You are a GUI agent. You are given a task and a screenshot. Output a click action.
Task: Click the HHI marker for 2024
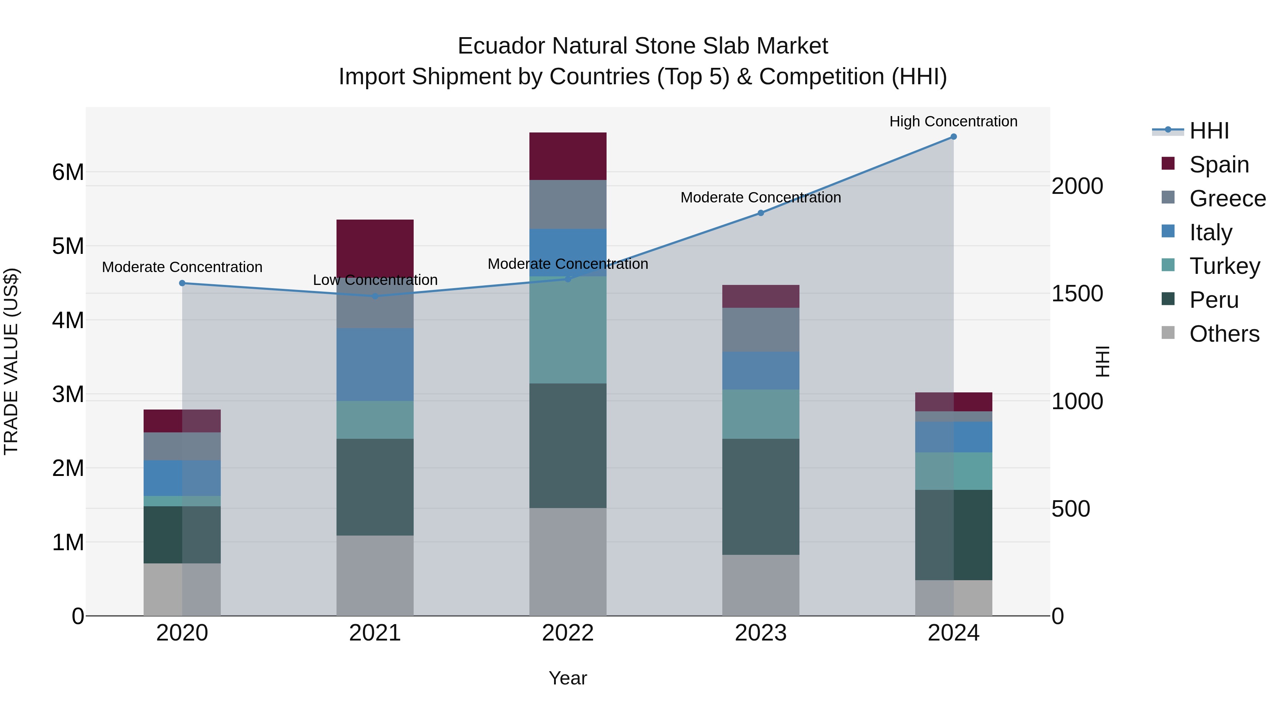pyautogui.click(x=953, y=137)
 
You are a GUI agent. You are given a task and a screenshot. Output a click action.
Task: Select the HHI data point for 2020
pyautogui.click(x=182, y=283)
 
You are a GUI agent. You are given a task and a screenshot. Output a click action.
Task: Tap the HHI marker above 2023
pyautogui.click(x=761, y=213)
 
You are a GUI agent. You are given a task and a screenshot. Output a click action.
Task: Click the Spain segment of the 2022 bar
pyautogui.click(x=568, y=156)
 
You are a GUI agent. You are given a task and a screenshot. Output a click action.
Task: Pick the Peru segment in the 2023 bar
pyautogui.click(x=761, y=497)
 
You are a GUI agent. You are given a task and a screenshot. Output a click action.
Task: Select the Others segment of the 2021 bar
pyautogui.click(x=375, y=575)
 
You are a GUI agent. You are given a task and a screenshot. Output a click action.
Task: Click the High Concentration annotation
pyautogui.click(x=953, y=121)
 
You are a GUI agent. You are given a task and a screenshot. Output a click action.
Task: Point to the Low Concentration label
pyautogui.click(x=375, y=280)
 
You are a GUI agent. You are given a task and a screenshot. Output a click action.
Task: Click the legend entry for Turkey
pyautogui.click(x=1224, y=266)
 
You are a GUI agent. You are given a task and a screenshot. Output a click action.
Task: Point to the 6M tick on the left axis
pyautogui.click(x=68, y=172)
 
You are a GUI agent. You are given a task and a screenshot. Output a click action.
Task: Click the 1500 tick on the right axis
pyautogui.click(x=1077, y=293)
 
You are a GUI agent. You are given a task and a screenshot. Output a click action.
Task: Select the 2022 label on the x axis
pyautogui.click(x=568, y=633)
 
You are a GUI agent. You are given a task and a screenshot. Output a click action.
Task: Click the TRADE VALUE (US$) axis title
pyautogui.click(x=11, y=361)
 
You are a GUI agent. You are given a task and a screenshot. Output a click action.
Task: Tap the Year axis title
pyautogui.click(x=568, y=678)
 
